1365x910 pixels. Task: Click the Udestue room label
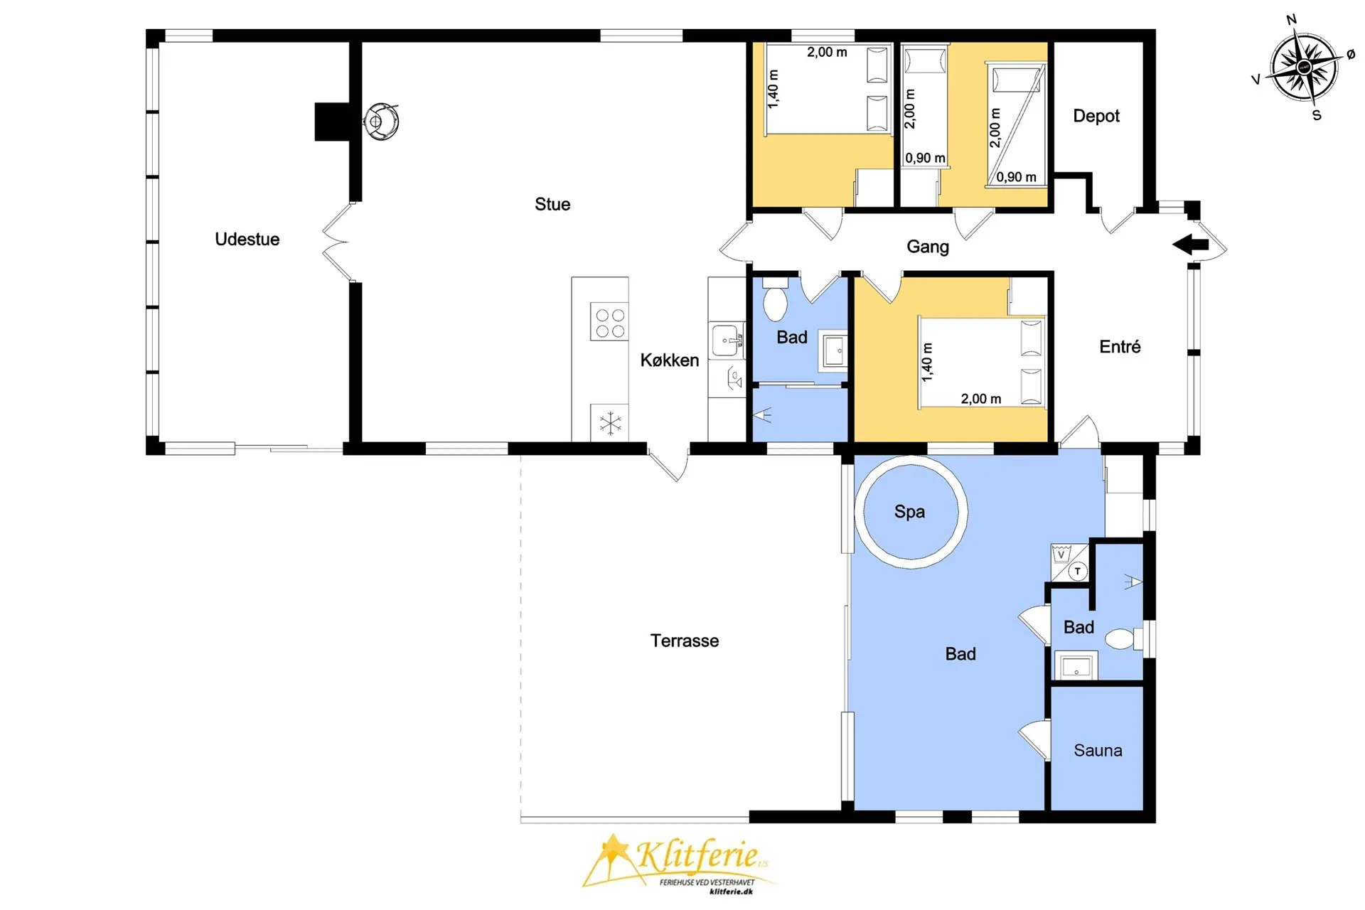247,240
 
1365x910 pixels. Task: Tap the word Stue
552,205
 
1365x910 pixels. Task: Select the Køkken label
670,360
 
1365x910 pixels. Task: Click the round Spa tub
910,459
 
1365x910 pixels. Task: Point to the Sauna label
1098,751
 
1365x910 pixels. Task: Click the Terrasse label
685,641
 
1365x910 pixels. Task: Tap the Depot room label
1096,116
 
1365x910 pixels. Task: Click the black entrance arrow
1191,245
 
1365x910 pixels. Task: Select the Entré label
1120,346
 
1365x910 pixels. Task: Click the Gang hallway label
928,247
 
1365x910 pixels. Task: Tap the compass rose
1304,68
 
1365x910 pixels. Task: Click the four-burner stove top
610,323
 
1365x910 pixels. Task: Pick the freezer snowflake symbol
610,423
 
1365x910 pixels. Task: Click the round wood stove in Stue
381,122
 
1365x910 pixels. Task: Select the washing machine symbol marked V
1061,554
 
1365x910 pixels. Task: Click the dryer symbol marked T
1078,571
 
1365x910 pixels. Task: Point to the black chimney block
332,122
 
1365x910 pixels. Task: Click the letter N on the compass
1291,20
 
